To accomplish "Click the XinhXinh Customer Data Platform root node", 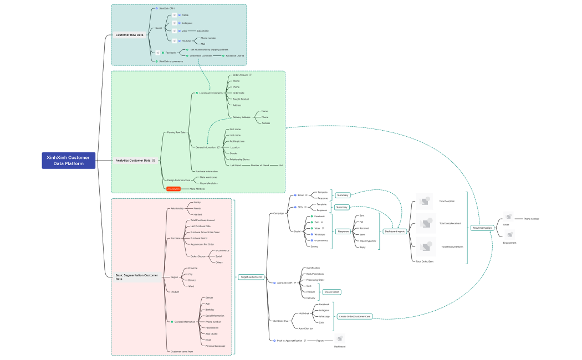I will (x=68, y=160).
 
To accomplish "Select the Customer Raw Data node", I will (x=129, y=35).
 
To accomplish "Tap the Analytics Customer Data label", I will (x=132, y=161).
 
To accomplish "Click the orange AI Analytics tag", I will (x=173, y=189).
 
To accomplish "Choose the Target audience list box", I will (x=251, y=277).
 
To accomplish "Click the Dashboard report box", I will (x=395, y=231).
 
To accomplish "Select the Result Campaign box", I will (x=482, y=228).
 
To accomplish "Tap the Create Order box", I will (x=332, y=292).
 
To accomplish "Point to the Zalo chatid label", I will (x=203, y=31).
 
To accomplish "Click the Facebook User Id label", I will (x=235, y=55).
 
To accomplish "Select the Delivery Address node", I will (x=241, y=117).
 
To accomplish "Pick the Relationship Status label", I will (x=239, y=159).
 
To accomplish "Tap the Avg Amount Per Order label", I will (x=202, y=244).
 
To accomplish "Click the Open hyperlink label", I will (x=367, y=241).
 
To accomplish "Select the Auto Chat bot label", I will (x=306, y=328).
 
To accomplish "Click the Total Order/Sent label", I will (x=425, y=261).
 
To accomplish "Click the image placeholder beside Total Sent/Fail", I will (x=425, y=201).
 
